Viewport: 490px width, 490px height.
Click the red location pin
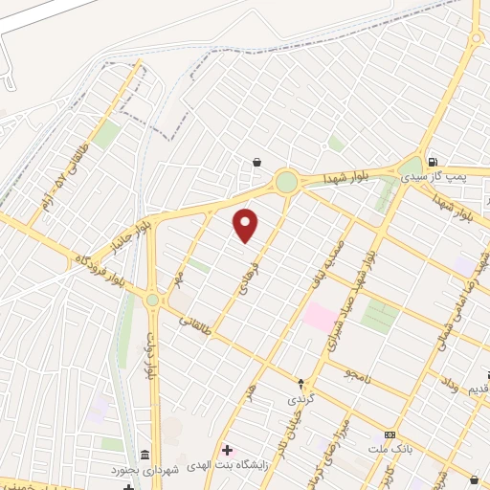[246, 225]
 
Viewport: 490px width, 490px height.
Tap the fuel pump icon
[434, 162]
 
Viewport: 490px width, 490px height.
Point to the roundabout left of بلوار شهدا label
[286, 181]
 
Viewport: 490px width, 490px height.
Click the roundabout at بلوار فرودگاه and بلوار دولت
[152, 301]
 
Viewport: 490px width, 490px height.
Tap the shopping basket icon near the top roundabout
[256, 162]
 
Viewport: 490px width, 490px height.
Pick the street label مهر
[179, 277]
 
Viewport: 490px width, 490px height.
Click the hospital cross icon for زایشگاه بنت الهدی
[227, 450]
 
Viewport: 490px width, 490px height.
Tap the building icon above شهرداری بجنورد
[145, 454]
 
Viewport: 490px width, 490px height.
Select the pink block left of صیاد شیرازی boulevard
[320, 317]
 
